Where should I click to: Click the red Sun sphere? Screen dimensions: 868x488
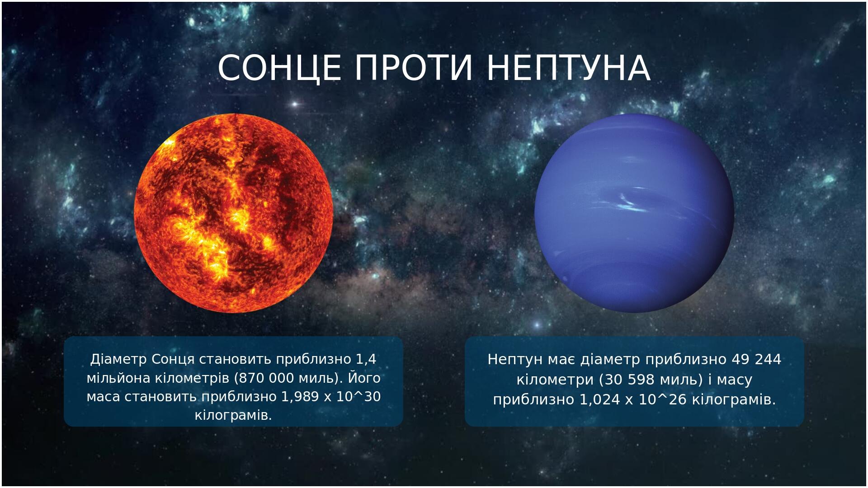[x=234, y=213]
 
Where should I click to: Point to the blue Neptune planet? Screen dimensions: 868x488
[x=634, y=213]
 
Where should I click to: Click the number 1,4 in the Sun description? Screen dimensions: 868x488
[x=366, y=360]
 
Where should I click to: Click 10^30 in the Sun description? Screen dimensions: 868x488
[x=359, y=397]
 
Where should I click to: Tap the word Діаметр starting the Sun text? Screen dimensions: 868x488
[x=119, y=360]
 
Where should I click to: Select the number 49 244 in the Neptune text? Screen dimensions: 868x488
[x=756, y=360]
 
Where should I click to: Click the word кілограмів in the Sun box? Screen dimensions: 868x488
[x=233, y=416]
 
